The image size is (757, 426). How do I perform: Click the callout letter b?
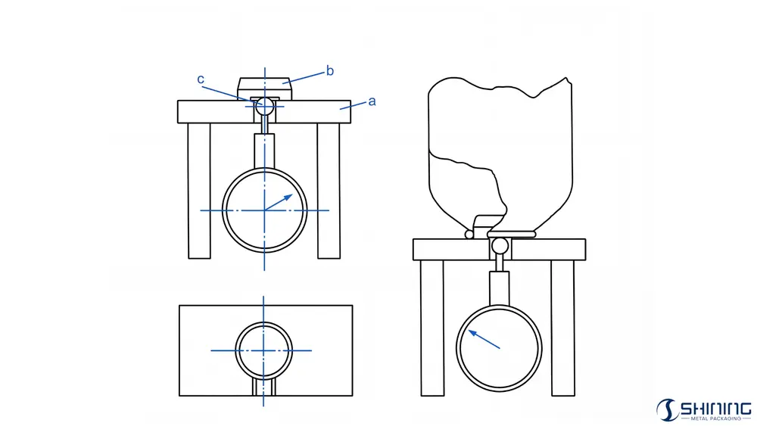330,71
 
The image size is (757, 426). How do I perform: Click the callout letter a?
372,102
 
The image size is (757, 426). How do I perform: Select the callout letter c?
201,79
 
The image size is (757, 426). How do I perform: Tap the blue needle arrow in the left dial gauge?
279,202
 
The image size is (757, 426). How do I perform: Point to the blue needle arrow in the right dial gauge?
484,339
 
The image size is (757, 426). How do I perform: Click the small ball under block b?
264,107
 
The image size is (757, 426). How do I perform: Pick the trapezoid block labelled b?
264,89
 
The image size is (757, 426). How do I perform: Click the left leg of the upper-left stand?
199,191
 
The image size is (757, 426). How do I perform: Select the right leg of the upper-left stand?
329,191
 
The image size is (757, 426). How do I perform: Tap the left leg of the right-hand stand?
432,328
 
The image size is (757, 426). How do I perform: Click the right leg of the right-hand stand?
563,328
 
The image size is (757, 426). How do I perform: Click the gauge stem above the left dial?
264,151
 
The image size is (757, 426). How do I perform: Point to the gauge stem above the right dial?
499,288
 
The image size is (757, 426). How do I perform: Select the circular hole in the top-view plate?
235,350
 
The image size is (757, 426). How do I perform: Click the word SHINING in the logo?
715,409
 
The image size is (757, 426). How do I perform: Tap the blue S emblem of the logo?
667,410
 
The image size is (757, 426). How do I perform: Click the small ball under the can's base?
500,246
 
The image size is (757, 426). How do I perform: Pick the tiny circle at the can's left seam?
469,235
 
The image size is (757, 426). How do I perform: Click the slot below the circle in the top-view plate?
264,387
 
